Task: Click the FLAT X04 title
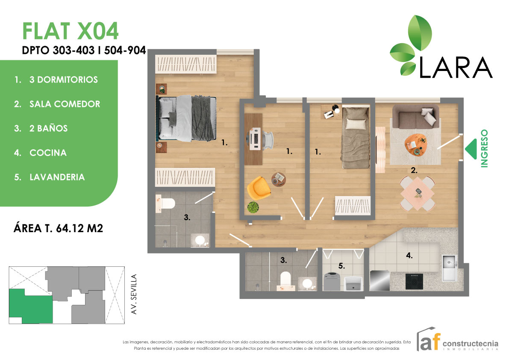tap(70, 31)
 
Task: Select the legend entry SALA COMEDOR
tap(65, 104)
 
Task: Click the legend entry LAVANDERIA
tap(57, 177)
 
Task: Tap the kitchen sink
tap(449, 267)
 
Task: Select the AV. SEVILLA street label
tap(134, 295)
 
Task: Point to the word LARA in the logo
tap(456, 67)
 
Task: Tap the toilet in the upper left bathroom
tap(164, 203)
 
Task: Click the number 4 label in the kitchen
tap(409, 256)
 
